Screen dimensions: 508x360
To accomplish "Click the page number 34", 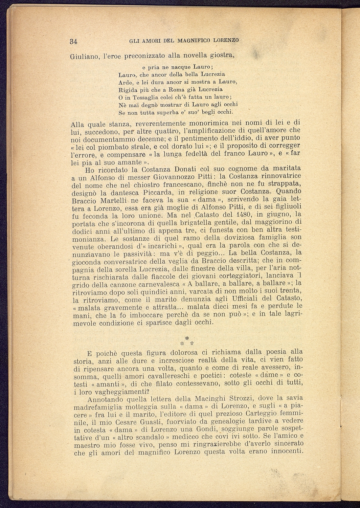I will (x=74, y=42).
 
